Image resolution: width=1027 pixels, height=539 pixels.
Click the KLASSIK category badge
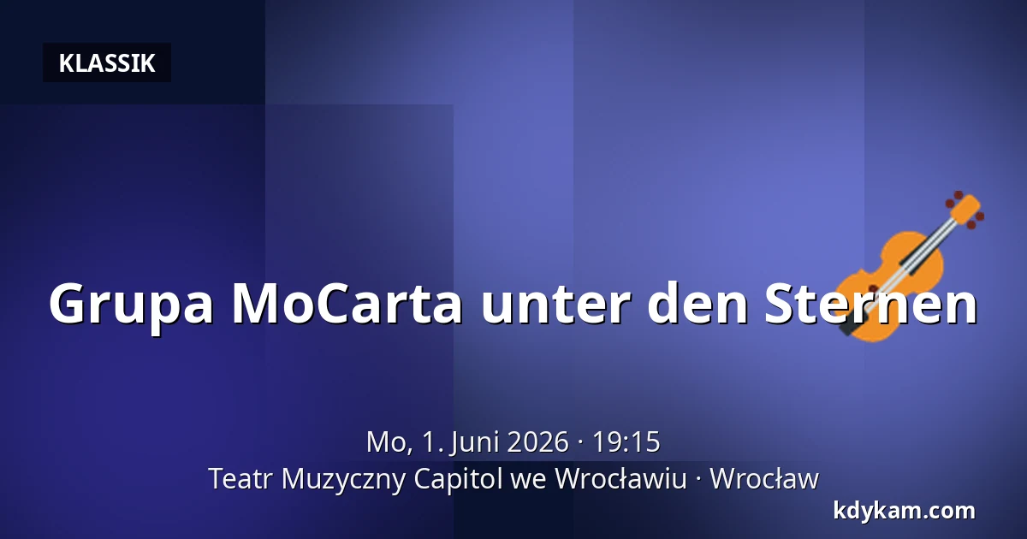point(107,62)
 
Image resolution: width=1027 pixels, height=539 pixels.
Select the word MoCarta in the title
point(347,304)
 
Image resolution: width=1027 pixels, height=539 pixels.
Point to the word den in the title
point(698,303)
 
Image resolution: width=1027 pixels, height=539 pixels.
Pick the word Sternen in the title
point(871,304)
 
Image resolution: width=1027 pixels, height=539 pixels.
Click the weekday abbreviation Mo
point(389,442)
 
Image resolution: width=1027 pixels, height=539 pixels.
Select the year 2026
point(538,442)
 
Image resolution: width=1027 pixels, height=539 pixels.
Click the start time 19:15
point(626,442)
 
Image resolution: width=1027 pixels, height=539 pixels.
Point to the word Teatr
point(240,479)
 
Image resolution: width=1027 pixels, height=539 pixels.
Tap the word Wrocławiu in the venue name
point(620,479)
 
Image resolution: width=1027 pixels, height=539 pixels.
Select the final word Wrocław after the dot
point(764,479)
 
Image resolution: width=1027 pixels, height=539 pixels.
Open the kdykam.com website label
point(904,512)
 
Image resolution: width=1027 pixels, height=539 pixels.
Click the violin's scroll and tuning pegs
point(966,210)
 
